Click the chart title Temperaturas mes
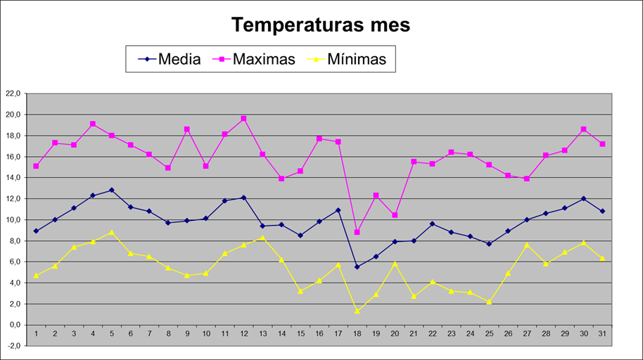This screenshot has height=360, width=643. click(x=321, y=25)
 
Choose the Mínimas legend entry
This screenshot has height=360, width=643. click(x=361, y=59)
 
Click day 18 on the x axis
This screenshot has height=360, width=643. click(x=357, y=335)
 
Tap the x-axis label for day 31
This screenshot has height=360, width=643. click(x=602, y=335)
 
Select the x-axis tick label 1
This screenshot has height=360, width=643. click(x=36, y=335)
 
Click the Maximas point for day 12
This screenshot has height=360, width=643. click(x=243, y=119)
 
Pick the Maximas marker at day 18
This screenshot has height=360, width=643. click(x=357, y=232)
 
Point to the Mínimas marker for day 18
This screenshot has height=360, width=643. click(x=357, y=311)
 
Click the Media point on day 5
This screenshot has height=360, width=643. click(x=111, y=190)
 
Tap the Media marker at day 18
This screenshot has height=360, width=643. click(x=357, y=267)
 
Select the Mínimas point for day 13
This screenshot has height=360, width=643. click(x=262, y=238)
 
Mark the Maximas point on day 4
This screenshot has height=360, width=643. click(x=92, y=124)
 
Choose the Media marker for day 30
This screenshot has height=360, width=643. click(x=583, y=198)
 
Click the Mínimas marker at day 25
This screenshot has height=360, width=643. click(x=489, y=302)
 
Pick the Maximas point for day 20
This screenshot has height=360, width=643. click(x=395, y=215)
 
